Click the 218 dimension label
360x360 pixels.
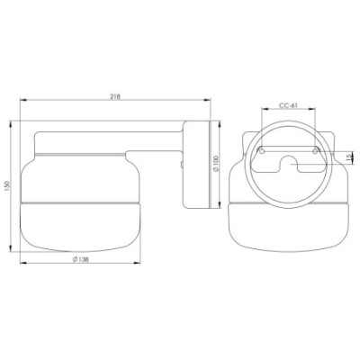click(x=115, y=96)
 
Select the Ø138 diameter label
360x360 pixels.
click(x=80, y=259)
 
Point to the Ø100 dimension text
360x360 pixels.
click(x=217, y=164)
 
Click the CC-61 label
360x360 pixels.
click(x=288, y=105)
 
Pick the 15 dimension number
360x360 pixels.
click(x=348, y=157)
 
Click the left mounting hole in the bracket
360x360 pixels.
click(x=262, y=151)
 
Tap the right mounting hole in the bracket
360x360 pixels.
click(x=315, y=151)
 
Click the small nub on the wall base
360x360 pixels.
click(x=182, y=164)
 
